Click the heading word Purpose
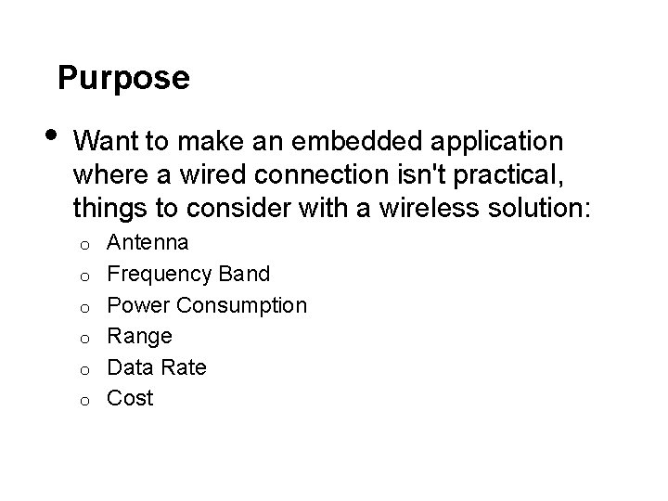(123, 78)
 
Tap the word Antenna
(148, 243)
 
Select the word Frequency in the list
(161, 275)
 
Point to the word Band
(244, 275)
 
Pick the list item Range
(140, 336)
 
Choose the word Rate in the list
(183, 366)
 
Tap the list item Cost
(131, 398)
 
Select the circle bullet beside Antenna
(83, 246)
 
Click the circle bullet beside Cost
(83, 401)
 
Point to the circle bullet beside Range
(83, 339)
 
